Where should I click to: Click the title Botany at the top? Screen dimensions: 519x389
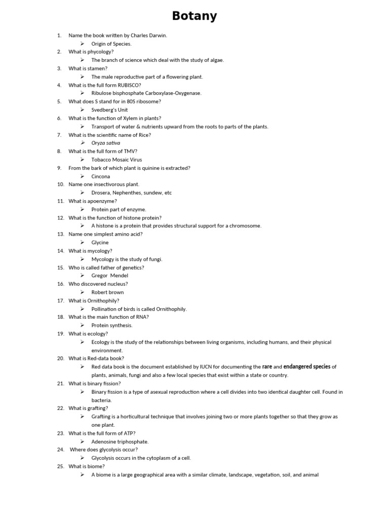point(194,16)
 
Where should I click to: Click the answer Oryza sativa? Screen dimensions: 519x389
point(106,143)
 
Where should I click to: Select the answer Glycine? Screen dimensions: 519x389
point(100,242)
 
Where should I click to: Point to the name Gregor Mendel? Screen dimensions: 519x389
point(109,276)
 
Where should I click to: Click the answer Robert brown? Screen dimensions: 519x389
point(107,292)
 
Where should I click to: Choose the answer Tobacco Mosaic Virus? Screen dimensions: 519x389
point(116,160)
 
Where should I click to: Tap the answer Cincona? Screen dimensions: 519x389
point(100,176)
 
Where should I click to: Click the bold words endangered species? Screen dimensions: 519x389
point(306,366)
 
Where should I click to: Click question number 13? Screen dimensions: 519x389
point(60,234)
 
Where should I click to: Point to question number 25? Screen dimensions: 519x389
point(60,466)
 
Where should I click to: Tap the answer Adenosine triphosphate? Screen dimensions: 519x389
point(120,441)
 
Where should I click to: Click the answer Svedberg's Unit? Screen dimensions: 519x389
point(109,110)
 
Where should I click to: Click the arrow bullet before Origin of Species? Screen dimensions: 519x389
point(82,44)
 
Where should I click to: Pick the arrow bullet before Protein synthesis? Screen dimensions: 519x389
point(82,325)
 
